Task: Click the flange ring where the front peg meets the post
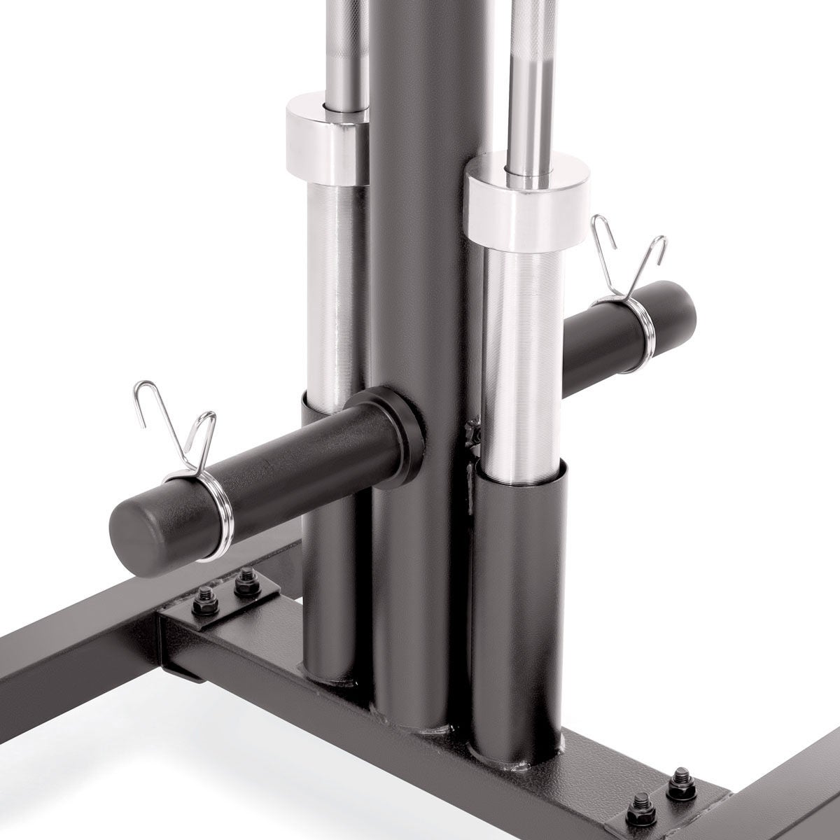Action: click(x=392, y=427)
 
